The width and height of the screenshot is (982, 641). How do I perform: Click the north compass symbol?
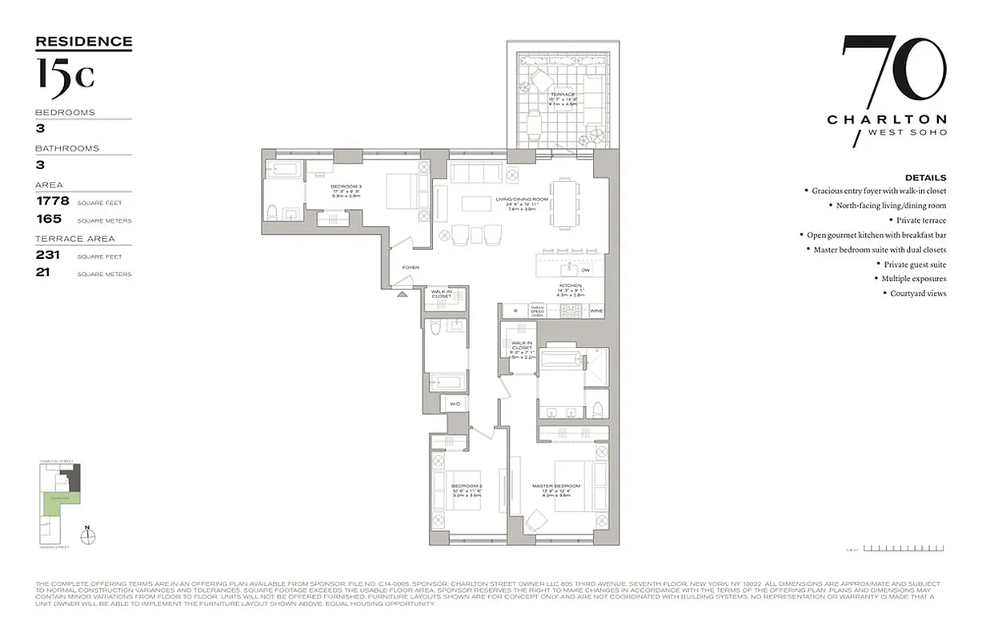(89, 534)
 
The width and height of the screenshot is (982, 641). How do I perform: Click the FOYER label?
(411, 268)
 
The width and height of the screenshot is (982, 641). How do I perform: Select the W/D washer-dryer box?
(455, 404)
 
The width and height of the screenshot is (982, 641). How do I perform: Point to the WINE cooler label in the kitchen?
(596, 310)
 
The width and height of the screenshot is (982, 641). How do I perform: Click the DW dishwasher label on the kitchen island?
(585, 270)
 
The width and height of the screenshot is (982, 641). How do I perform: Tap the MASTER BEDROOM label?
(556, 486)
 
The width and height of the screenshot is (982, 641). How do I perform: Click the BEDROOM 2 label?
(467, 486)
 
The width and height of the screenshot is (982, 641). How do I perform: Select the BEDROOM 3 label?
(347, 187)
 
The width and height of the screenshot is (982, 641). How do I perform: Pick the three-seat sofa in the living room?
(475, 171)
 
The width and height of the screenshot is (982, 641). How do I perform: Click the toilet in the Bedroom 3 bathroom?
(273, 212)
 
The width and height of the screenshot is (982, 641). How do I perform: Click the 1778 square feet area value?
(53, 201)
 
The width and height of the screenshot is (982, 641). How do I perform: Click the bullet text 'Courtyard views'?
(918, 293)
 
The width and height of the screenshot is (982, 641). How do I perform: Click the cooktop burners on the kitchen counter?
(566, 310)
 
